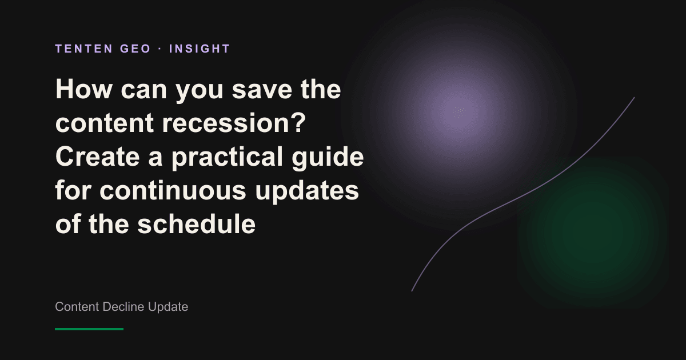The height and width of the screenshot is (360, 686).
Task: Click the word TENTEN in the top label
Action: tap(83, 49)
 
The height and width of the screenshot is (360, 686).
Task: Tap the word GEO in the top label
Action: tap(135, 49)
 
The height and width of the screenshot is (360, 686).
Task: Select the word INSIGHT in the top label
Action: tap(200, 49)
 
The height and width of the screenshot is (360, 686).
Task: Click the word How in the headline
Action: tap(83, 89)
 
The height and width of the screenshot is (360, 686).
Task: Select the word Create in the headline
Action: tap(97, 156)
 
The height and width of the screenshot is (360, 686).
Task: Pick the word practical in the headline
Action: tap(226, 158)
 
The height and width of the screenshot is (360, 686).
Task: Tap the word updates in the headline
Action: tap(306, 191)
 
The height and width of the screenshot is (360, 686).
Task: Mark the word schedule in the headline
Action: tap(196, 223)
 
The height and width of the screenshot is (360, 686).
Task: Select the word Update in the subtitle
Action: tap(168, 307)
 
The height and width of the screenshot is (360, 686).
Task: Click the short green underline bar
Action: tap(89, 329)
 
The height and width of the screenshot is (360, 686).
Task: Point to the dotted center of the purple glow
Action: tap(459, 113)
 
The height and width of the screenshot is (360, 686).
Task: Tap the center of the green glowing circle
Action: tap(592, 233)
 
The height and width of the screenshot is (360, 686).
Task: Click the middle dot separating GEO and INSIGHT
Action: tap(160, 49)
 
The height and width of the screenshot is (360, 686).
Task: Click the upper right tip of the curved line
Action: tap(634, 98)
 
